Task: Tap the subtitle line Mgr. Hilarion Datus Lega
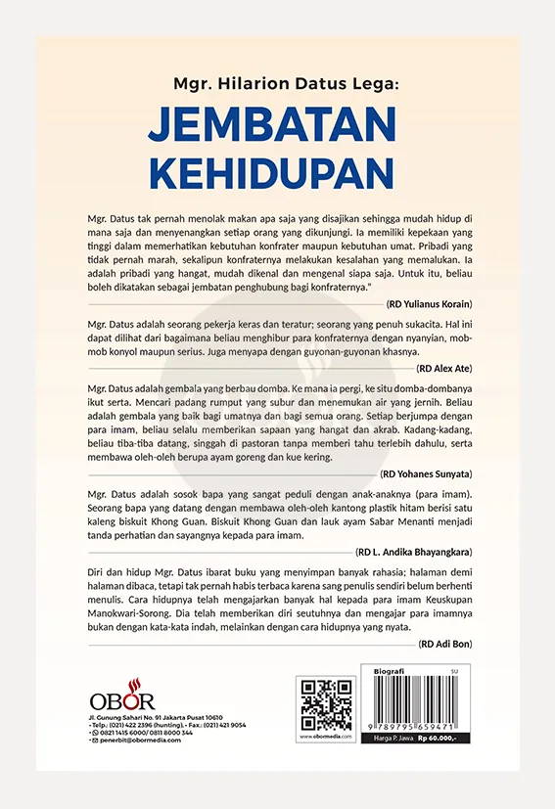point(277,85)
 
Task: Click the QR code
point(326,704)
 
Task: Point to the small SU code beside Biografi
point(481,672)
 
